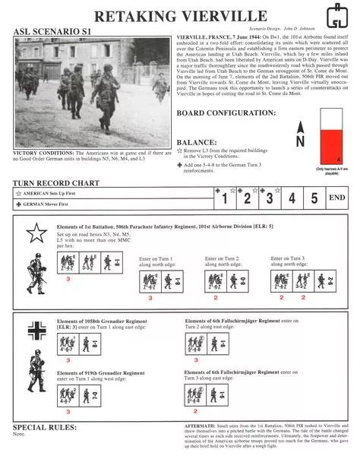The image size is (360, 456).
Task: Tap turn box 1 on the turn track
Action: [224, 199]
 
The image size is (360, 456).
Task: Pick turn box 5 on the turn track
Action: [314, 199]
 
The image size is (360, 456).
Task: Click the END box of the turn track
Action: [338, 199]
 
